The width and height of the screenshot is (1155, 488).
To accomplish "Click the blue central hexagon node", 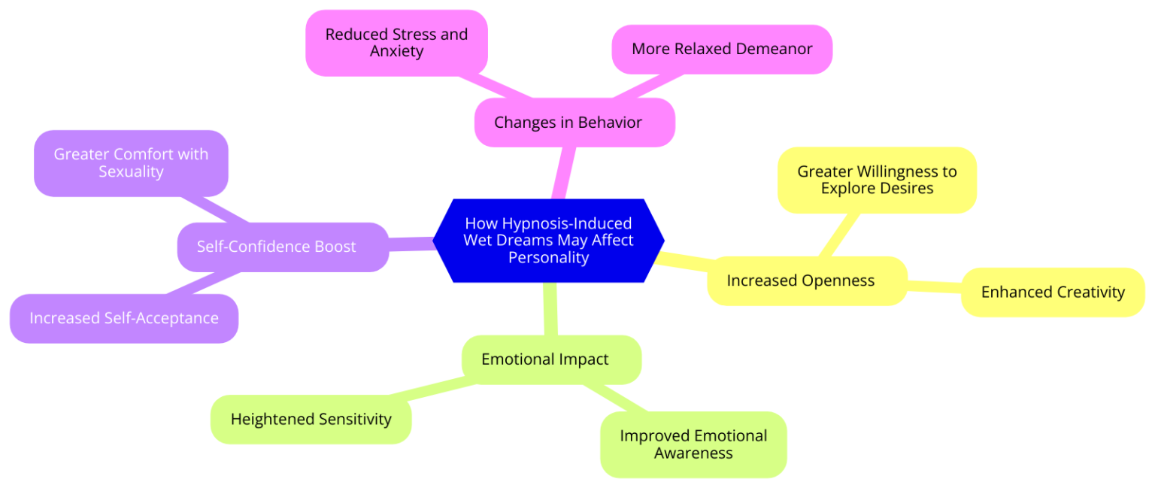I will click(x=549, y=241).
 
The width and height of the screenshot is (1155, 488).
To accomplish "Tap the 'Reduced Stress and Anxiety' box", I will click(x=396, y=43).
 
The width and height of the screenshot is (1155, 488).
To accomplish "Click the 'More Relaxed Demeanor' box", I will click(x=722, y=50).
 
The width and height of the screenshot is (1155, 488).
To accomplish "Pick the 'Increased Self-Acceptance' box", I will click(x=124, y=318).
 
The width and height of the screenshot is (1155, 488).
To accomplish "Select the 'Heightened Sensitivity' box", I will click(x=311, y=419).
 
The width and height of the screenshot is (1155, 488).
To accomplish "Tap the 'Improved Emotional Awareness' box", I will click(x=693, y=444).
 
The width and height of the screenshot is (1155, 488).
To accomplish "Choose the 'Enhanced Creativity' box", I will click(x=1052, y=292).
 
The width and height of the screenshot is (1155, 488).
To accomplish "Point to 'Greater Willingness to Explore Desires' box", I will click(x=877, y=180).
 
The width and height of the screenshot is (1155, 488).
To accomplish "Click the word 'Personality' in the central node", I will click(x=548, y=258).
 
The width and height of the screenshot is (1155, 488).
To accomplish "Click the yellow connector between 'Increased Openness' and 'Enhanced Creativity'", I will click(x=934, y=286).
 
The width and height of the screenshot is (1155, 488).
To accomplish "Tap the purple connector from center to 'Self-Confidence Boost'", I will click(x=412, y=243).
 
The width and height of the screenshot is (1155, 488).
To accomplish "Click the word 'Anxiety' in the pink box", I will click(x=396, y=52).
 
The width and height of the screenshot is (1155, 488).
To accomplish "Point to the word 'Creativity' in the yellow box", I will click(x=1088, y=292).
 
